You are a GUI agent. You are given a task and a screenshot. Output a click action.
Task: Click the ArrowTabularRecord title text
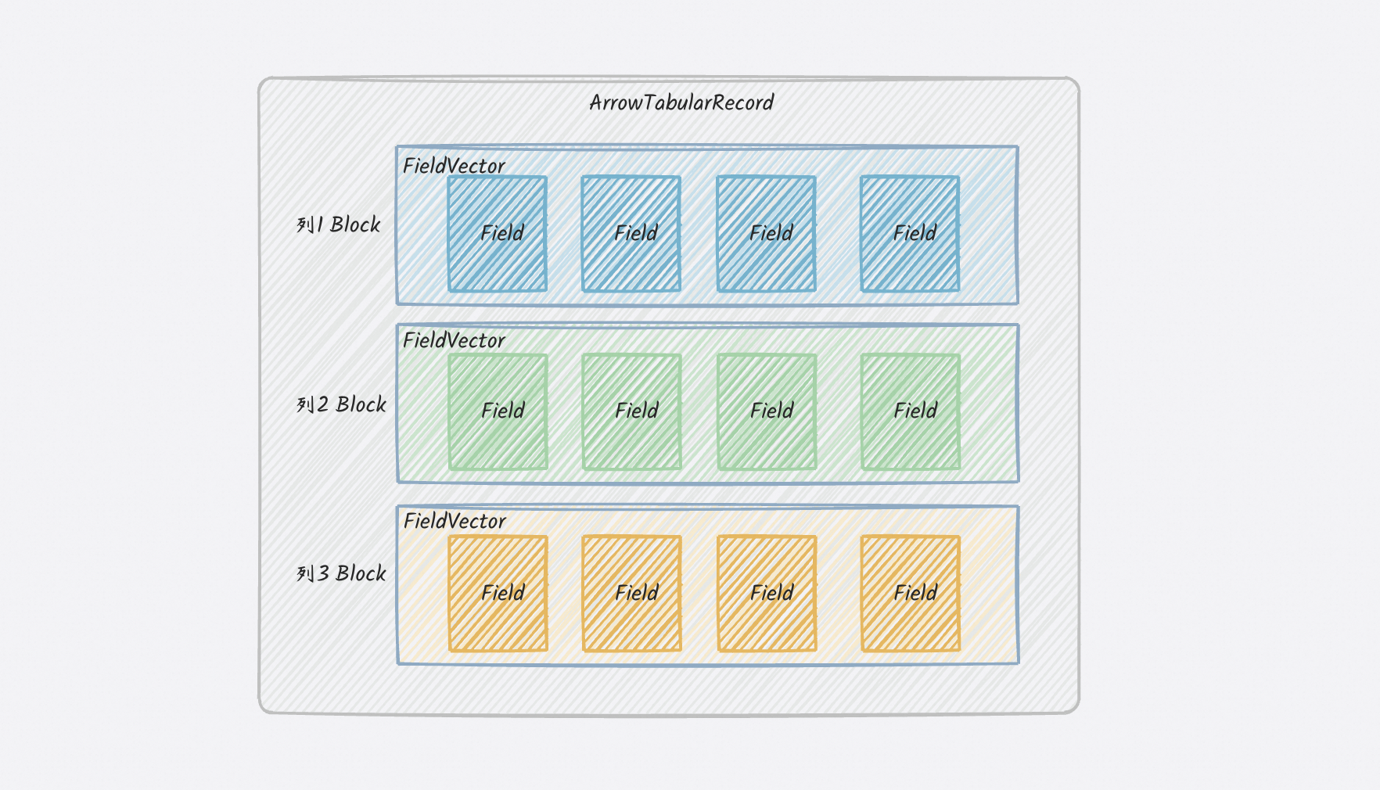click(681, 102)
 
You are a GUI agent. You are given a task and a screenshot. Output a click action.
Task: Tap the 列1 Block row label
click(338, 224)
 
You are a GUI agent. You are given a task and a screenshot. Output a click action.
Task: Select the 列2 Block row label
click(341, 404)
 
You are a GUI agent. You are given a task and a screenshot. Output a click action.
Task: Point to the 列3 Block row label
click(341, 573)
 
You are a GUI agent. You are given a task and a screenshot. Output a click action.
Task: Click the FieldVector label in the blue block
click(454, 166)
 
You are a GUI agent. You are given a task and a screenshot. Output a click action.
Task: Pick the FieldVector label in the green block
click(454, 340)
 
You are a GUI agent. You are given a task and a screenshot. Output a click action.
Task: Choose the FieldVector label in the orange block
click(455, 521)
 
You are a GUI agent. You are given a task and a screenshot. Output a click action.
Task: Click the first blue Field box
click(498, 234)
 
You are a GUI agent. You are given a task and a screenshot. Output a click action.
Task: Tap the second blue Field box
click(631, 234)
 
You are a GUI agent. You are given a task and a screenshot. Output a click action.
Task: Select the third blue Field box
click(767, 234)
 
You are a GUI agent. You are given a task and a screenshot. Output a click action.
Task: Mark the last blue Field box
click(910, 234)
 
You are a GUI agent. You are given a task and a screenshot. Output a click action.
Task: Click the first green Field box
click(498, 411)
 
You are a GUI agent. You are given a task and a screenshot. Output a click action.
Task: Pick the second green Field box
click(632, 411)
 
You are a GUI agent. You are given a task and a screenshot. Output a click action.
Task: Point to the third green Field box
click(767, 411)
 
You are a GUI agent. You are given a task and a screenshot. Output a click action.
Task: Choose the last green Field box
click(911, 411)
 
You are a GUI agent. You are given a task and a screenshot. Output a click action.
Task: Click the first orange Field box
click(498, 593)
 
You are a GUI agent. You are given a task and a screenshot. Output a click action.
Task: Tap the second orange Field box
click(632, 593)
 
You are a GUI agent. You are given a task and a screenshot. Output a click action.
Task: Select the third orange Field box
click(767, 593)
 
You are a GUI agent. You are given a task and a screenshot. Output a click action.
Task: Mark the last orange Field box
click(911, 593)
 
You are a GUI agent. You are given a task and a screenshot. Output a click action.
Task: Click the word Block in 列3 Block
click(361, 573)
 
